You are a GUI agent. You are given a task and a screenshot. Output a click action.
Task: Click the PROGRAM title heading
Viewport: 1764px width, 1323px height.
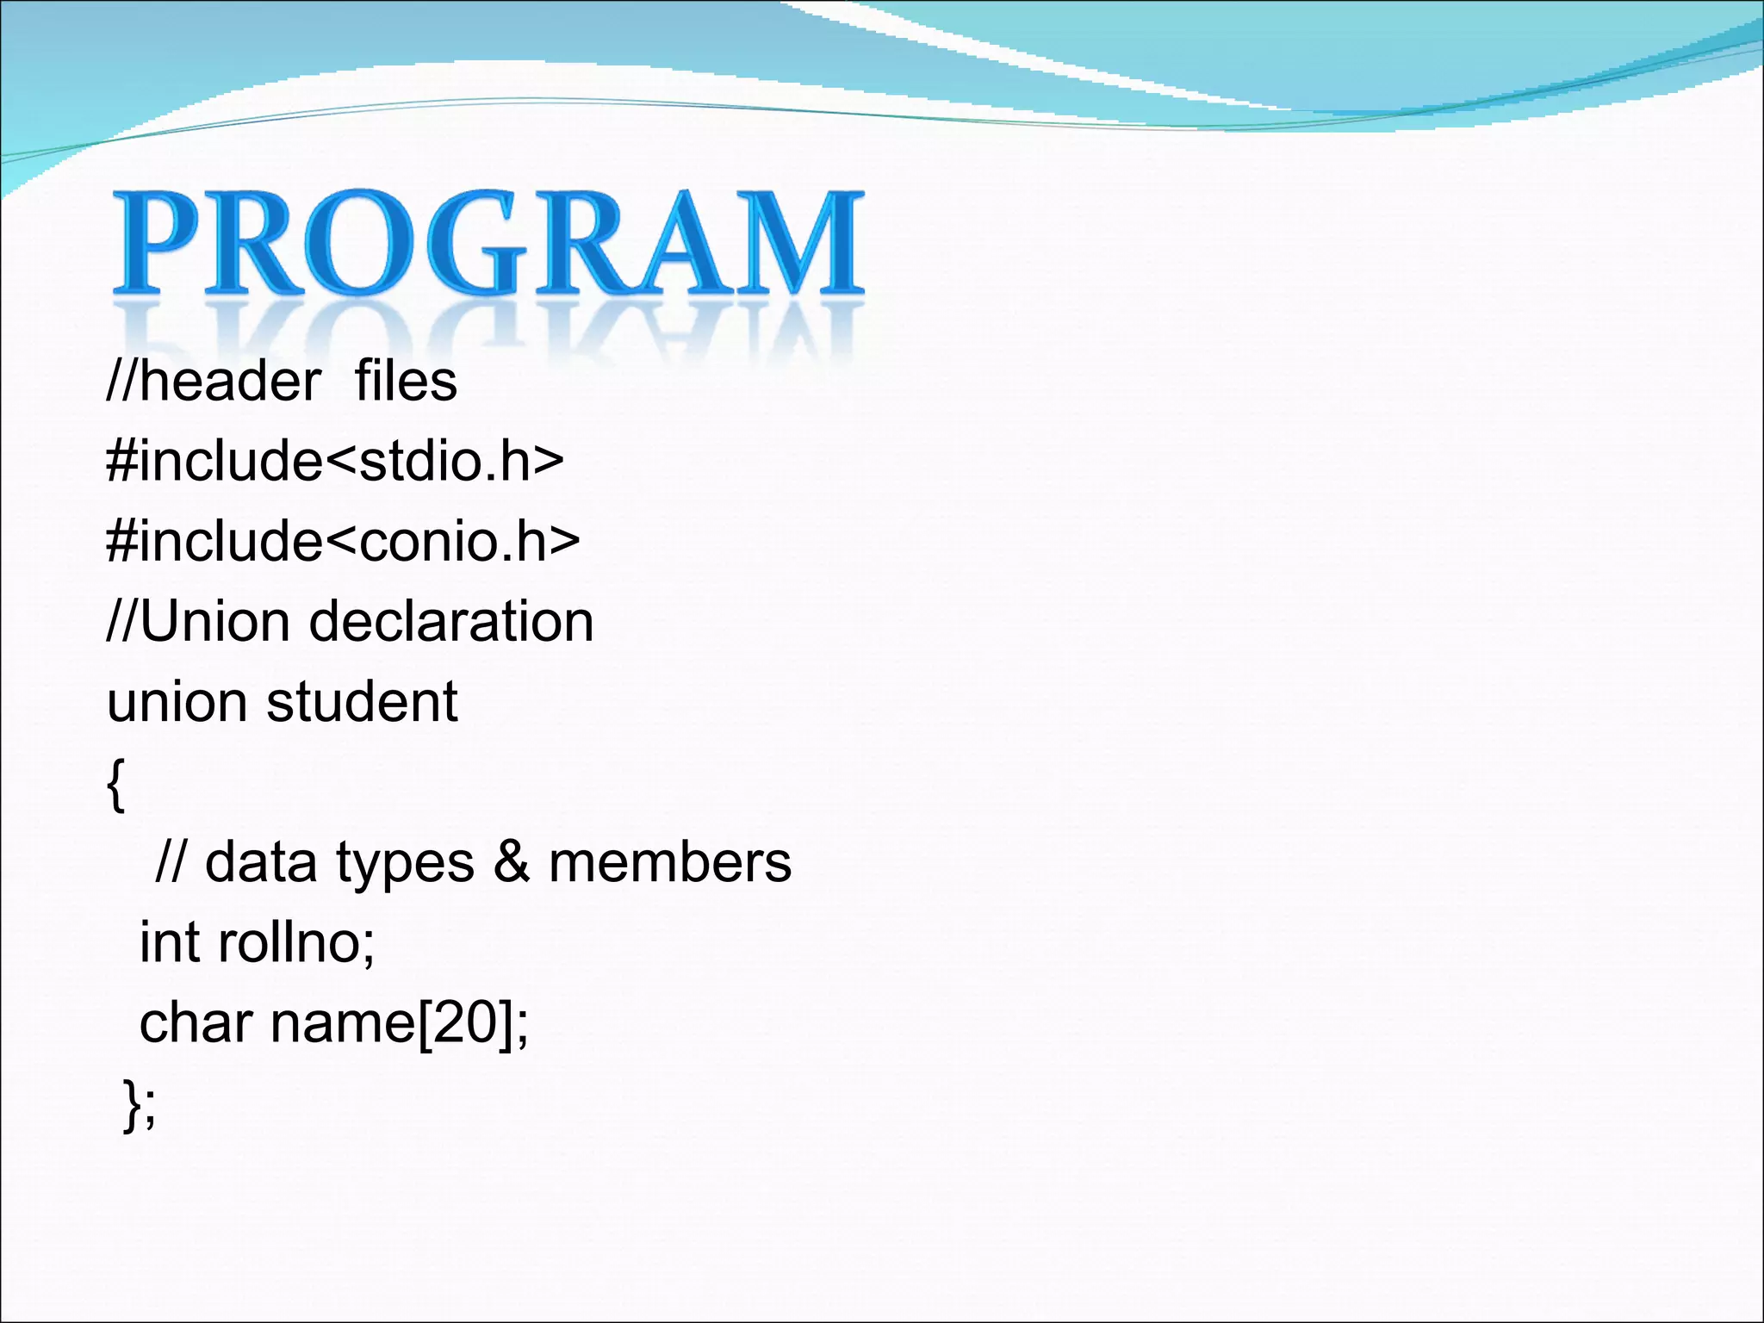(x=488, y=243)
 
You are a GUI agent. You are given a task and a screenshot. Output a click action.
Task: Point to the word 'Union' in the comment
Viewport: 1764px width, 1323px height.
(x=214, y=622)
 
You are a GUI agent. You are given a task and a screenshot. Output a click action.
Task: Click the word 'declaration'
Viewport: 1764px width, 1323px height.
(x=451, y=622)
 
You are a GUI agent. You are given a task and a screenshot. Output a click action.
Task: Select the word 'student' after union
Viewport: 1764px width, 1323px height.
(x=362, y=702)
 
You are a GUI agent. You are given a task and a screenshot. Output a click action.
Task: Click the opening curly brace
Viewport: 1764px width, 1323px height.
(x=115, y=785)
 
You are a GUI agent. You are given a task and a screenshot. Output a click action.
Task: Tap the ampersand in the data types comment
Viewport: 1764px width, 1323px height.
(x=512, y=862)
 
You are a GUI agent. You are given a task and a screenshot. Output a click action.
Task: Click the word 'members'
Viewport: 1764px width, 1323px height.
(x=669, y=862)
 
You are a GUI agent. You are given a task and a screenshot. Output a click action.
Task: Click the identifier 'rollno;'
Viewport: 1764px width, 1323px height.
(x=296, y=942)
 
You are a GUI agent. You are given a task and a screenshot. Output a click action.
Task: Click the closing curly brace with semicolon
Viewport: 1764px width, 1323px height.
(x=140, y=1103)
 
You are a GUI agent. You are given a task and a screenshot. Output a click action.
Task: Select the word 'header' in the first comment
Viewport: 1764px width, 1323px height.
(x=230, y=382)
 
